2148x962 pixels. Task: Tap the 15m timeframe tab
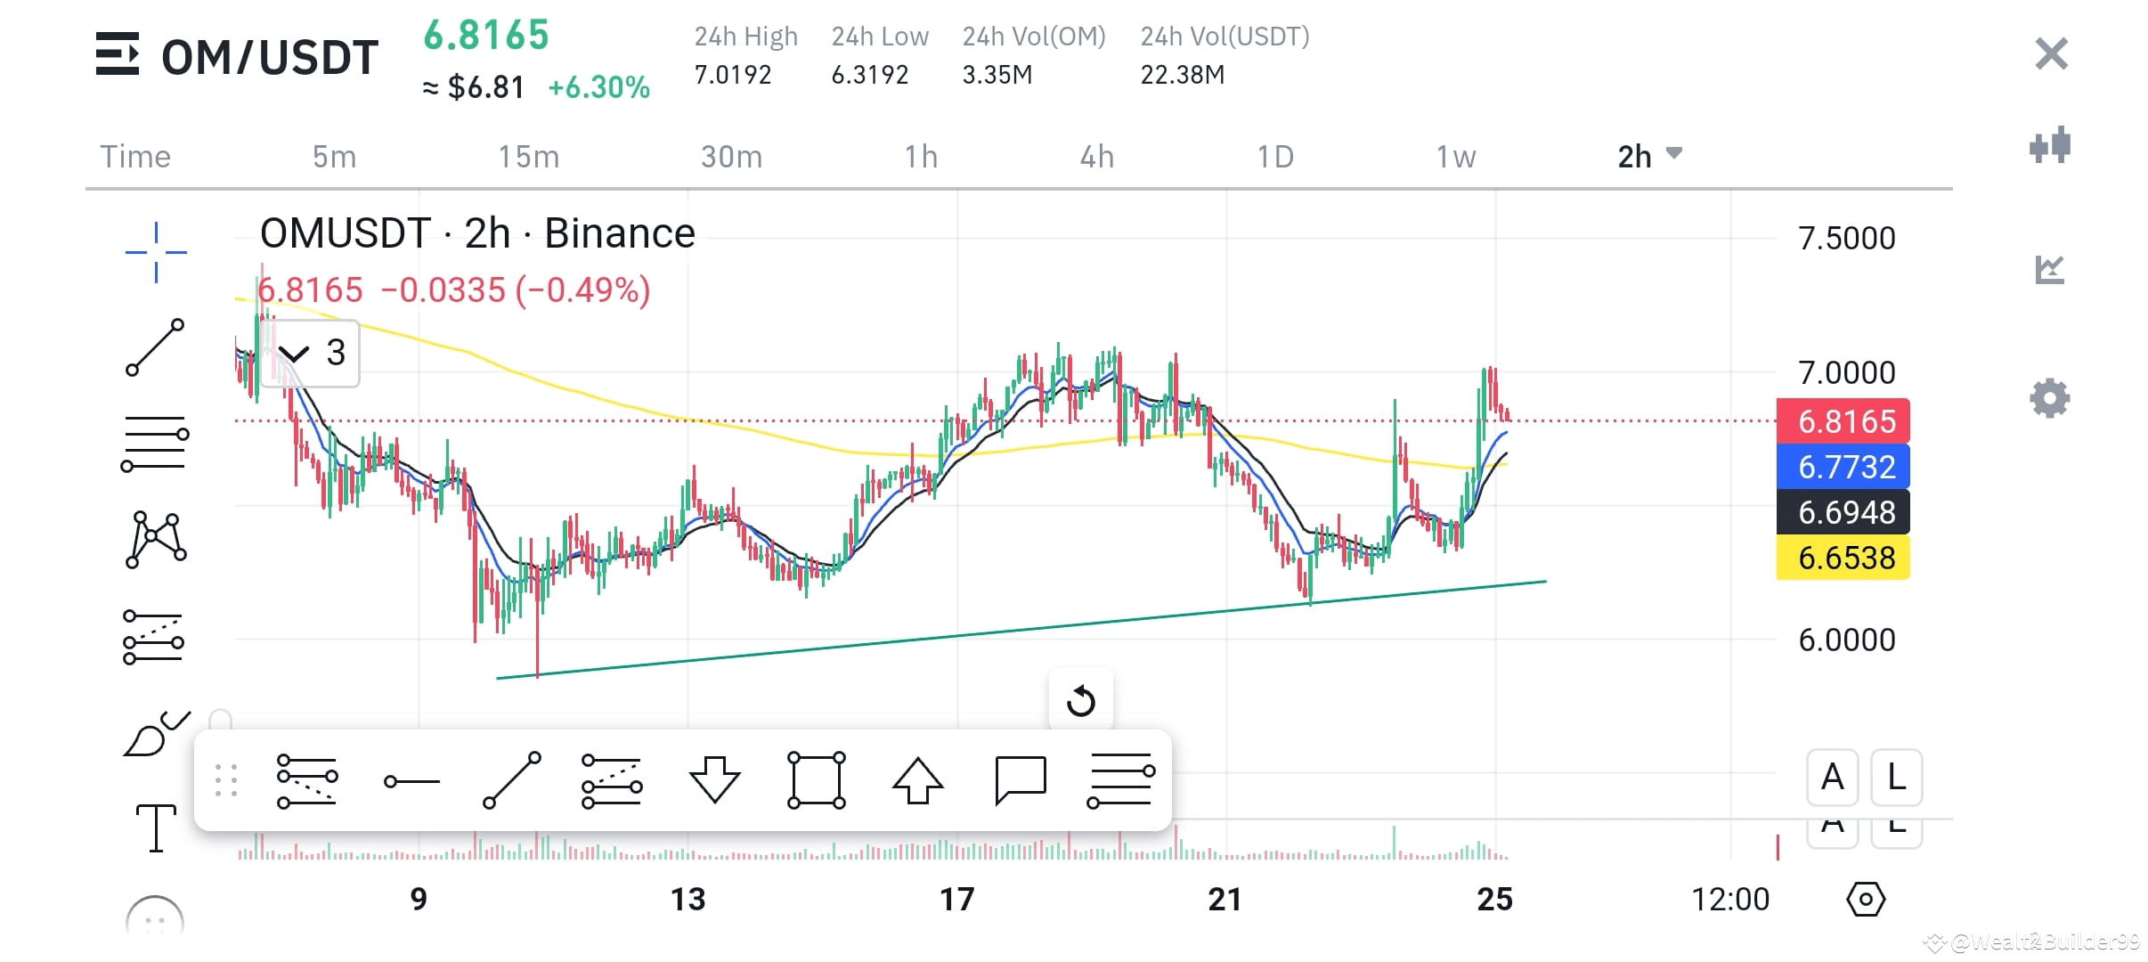point(528,157)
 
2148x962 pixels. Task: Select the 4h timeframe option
point(1096,157)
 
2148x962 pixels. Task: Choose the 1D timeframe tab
point(1274,157)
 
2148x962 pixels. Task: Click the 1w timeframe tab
point(1455,157)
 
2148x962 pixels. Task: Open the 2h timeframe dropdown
point(1648,156)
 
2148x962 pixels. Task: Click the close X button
point(2051,54)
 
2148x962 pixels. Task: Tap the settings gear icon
point(2049,398)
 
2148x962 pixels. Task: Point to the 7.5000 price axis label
point(1846,238)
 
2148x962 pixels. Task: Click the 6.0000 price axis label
point(1846,640)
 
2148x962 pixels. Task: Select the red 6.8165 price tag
point(1843,421)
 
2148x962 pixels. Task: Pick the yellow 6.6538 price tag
point(1843,558)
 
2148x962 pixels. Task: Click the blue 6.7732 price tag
point(1843,467)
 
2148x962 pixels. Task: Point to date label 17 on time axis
point(957,899)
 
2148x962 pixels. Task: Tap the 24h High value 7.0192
point(732,75)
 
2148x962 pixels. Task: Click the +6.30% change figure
point(598,87)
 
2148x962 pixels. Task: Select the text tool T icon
point(156,827)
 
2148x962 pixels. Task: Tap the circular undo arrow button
point(1080,701)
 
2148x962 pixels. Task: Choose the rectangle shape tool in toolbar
point(816,780)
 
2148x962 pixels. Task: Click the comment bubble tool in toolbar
point(1020,780)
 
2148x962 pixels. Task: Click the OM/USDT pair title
point(269,57)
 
